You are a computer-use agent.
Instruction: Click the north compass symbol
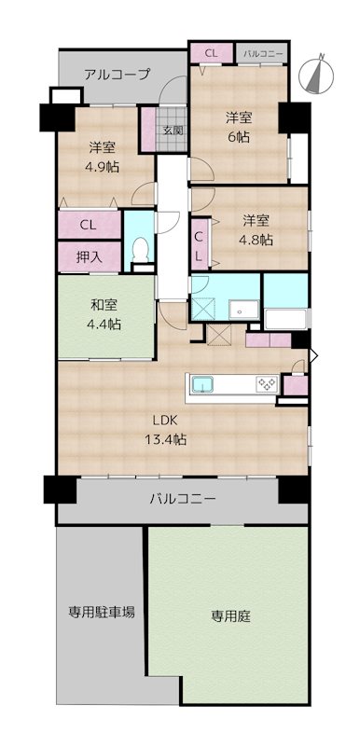(316, 75)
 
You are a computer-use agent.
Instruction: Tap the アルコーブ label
(117, 75)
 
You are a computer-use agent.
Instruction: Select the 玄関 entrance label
(173, 130)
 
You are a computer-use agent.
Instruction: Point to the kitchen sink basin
(203, 383)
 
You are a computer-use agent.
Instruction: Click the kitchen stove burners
(267, 383)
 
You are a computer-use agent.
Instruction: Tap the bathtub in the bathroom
(286, 319)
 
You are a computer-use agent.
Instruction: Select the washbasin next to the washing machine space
(243, 310)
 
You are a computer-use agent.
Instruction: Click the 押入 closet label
(89, 257)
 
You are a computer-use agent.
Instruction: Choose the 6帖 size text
(238, 137)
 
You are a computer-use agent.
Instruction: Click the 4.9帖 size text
(103, 167)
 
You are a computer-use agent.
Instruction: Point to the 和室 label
(103, 305)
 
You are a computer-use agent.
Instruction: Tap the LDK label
(165, 421)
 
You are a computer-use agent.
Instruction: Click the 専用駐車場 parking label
(101, 612)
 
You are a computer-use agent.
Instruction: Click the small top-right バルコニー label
(263, 53)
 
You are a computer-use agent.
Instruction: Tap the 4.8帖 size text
(256, 241)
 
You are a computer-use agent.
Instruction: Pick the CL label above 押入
(88, 226)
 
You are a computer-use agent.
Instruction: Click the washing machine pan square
(201, 310)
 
